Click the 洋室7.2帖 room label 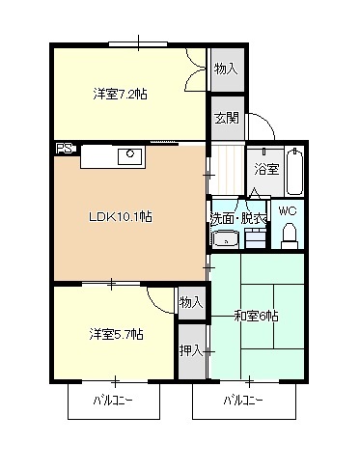(x=120, y=94)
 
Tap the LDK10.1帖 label (x=121, y=216)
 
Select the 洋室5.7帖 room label (x=116, y=334)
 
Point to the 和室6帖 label (x=256, y=316)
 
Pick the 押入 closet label (x=191, y=349)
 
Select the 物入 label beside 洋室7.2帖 (x=226, y=69)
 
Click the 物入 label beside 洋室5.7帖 (x=191, y=303)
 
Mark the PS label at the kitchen (x=64, y=149)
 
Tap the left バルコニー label (x=113, y=399)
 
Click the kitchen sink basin (x=126, y=154)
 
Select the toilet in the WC (x=289, y=234)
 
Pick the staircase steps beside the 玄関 (x=228, y=165)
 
